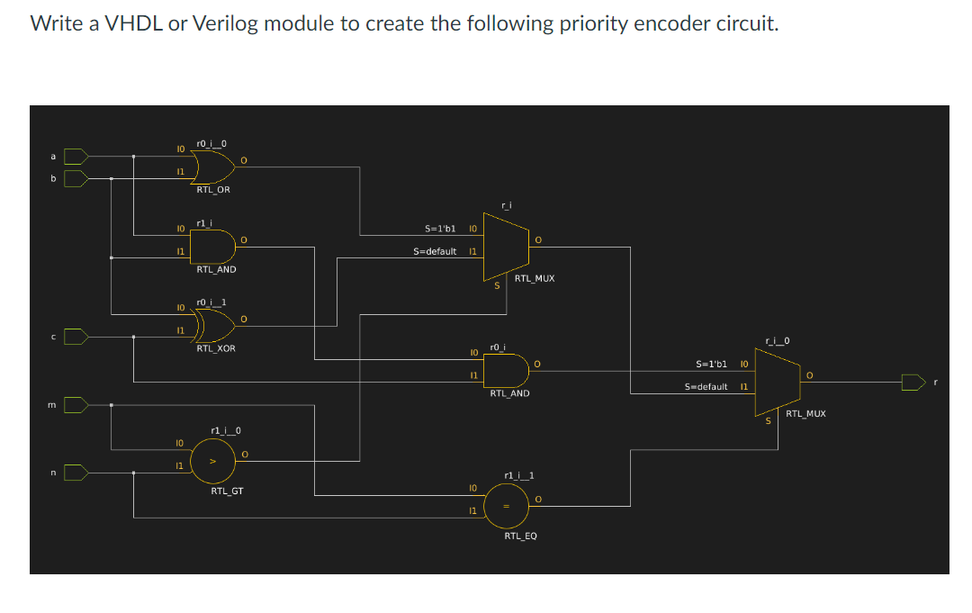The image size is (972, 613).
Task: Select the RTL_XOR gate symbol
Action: [214, 326]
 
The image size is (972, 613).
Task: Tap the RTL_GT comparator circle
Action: [212, 461]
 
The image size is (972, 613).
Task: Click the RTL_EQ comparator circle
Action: [507, 507]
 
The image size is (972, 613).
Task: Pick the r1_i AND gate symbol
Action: [212, 247]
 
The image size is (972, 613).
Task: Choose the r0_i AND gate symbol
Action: [506, 371]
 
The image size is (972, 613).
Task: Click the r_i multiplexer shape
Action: [506, 247]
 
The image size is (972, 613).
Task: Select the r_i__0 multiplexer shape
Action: [778, 382]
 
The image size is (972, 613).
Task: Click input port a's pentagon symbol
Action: [76, 157]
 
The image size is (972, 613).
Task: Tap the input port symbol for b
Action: [76, 178]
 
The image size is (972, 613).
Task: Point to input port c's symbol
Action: [76, 337]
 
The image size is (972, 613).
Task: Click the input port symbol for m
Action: [76, 405]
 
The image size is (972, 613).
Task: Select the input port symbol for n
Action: [76, 473]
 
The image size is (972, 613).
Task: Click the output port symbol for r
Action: [913, 383]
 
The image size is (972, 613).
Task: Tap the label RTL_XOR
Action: [216, 348]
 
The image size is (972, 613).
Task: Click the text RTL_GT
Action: [227, 491]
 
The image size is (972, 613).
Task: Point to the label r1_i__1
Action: [519, 475]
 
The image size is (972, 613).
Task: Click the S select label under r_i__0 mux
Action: [768, 421]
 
